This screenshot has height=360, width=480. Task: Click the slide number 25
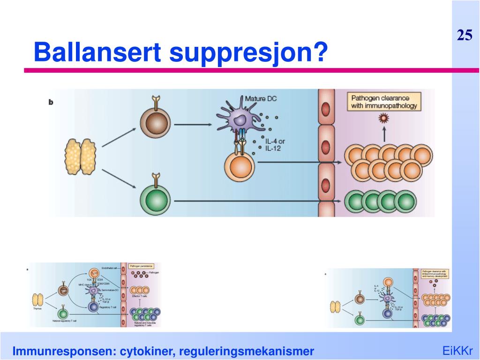pos(465,36)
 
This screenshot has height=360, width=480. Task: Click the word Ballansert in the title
pos(97,52)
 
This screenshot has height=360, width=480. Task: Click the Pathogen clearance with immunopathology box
pos(384,102)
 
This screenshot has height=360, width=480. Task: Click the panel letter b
pos(51,101)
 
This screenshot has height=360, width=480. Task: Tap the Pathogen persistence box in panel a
pos(142,266)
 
